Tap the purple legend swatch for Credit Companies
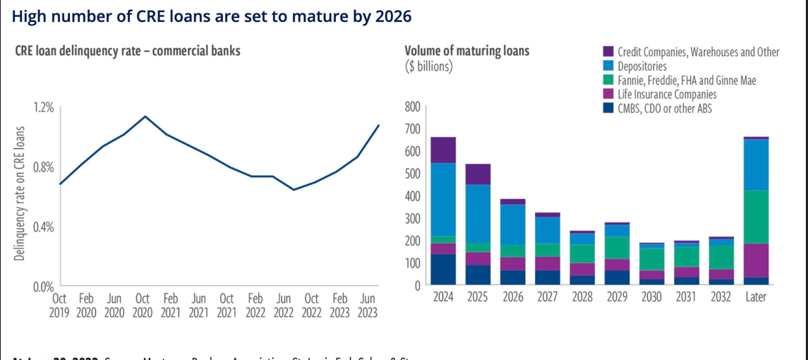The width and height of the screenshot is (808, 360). click(x=607, y=52)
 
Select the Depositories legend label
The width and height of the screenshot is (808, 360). click(x=641, y=66)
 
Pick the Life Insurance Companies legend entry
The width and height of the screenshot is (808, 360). click(x=667, y=95)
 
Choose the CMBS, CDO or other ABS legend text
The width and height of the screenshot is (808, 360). click(x=664, y=109)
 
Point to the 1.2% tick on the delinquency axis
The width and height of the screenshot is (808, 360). click(x=43, y=107)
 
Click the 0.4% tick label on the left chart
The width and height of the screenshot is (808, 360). click(x=43, y=227)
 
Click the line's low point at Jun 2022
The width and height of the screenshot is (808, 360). click(x=294, y=190)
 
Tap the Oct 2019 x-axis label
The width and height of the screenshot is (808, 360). click(x=59, y=306)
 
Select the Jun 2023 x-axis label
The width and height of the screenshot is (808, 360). click(x=367, y=306)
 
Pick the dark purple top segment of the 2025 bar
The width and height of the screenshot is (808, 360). click(x=478, y=174)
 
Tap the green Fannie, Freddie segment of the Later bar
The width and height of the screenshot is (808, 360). click(x=756, y=217)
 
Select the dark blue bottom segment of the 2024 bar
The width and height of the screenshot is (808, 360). click(x=443, y=270)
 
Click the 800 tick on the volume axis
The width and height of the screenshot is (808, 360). click(x=413, y=107)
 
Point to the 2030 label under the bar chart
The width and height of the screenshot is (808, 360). click(x=651, y=297)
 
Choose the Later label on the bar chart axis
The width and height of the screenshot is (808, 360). click(x=756, y=297)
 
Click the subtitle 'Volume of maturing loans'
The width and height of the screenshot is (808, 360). click(x=466, y=52)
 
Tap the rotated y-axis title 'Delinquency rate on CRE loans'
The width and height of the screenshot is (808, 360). click(x=19, y=193)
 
